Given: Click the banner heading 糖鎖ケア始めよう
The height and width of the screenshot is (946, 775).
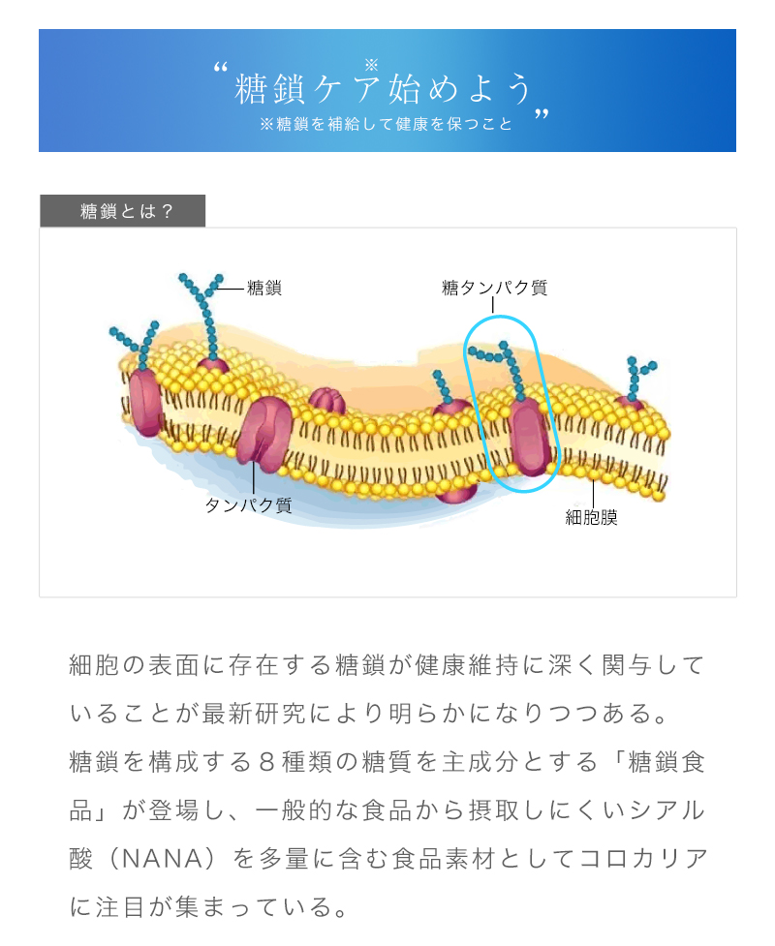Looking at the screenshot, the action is point(384,89).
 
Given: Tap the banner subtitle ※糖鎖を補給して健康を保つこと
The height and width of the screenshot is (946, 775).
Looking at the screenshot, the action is point(387,124).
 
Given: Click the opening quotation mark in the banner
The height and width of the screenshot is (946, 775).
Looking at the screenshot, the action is point(221,67).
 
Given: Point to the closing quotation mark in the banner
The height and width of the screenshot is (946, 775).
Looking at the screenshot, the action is point(542,114).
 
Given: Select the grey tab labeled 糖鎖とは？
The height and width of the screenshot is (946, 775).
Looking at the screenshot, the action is point(122,211).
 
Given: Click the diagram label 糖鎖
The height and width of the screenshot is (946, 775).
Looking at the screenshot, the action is point(264,288).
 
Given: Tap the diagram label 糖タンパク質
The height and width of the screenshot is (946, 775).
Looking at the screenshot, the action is point(494,288).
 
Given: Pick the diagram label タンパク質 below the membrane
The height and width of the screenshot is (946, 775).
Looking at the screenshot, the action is point(249,505).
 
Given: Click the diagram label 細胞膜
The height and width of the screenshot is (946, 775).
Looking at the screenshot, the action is point(592,518).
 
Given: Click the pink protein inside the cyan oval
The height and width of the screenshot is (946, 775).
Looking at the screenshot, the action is point(530,436).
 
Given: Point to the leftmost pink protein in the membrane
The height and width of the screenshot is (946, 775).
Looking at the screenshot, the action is point(145,402).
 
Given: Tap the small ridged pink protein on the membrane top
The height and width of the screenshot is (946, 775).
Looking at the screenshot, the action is point(326,401).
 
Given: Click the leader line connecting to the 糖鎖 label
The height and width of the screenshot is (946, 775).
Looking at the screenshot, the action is point(232,289).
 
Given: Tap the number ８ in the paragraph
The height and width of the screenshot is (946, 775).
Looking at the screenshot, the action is point(266,762).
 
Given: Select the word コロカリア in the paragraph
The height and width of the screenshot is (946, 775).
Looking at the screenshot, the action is point(643,859).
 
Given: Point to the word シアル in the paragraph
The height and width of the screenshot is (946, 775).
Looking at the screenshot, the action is point(666,810).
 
